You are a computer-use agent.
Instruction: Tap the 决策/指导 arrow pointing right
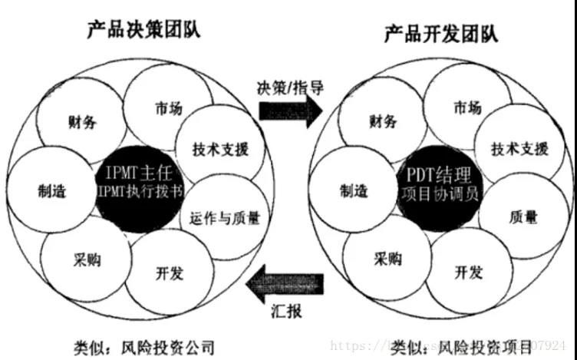click(x=290, y=111)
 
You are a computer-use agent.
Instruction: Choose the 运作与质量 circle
click(x=221, y=218)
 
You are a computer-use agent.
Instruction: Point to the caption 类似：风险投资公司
click(x=143, y=347)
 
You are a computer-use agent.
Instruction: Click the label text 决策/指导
click(x=290, y=86)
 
